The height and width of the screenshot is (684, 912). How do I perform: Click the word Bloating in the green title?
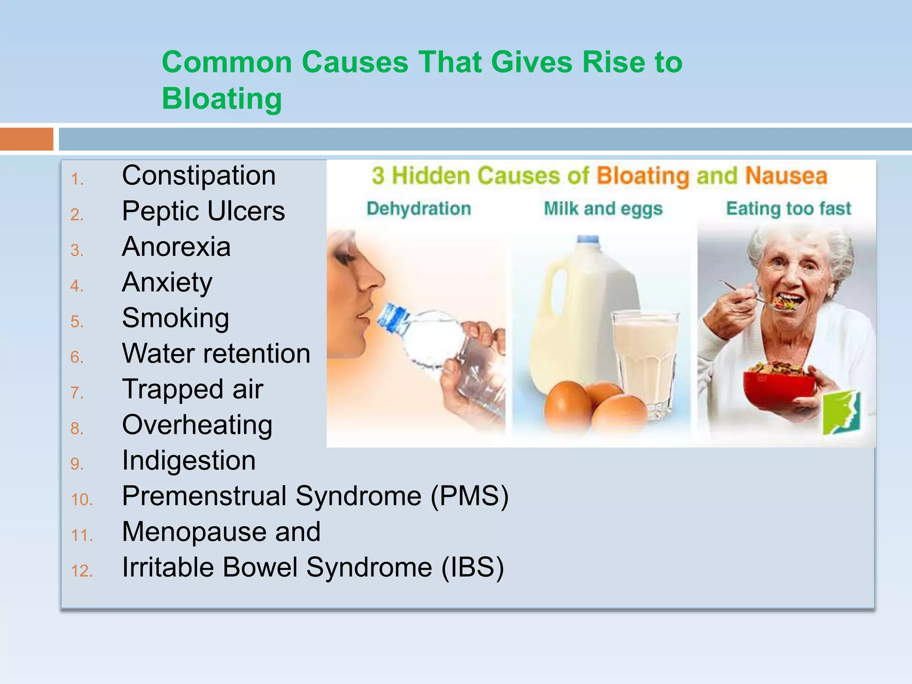click(222, 99)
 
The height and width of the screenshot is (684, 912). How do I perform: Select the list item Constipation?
click(199, 175)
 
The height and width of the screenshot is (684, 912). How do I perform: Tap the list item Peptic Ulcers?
click(203, 211)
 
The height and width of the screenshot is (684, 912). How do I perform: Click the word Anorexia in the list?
click(176, 247)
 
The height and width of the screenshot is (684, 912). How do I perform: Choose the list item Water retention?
click(216, 354)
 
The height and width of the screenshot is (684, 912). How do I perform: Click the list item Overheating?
click(197, 425)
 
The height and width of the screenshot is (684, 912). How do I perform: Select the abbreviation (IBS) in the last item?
click(472, 567)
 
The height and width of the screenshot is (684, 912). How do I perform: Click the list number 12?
click(81, 571)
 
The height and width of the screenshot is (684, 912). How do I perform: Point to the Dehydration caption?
click(419, 208)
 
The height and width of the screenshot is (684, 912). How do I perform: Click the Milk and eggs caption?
click(603, 208)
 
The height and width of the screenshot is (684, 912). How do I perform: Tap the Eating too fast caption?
click(788, 208)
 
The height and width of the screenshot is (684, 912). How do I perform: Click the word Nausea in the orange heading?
click(786, 175)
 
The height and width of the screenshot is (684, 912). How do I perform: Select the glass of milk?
click(646, 361)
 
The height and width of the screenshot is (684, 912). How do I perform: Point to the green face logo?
click(841, 412)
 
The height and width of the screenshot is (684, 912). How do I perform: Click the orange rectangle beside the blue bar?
click(26, 139)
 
